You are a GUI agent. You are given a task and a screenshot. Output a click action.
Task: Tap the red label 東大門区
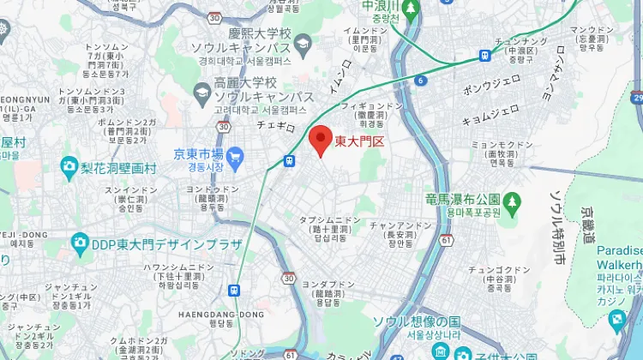coord(360,141)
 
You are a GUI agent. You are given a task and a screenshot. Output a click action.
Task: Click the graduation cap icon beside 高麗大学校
coord(201,91)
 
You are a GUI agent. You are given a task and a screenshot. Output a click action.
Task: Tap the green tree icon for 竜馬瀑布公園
coord(512,201)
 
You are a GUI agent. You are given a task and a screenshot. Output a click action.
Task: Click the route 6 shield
coord(421,81)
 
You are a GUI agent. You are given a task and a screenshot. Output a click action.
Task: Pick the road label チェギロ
coord(276,125)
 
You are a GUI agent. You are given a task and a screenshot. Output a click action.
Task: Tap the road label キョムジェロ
coord(490,112)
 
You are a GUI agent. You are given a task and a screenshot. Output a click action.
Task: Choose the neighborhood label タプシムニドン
coord(330,220)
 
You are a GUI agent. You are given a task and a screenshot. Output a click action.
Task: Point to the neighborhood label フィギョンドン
coord(372,106)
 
